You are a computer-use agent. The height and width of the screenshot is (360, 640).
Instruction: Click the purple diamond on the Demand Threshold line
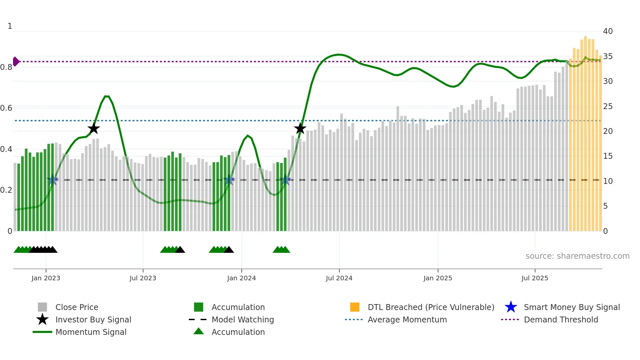[16, 61]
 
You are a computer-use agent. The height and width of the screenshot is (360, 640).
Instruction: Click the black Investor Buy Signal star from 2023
[94, 128]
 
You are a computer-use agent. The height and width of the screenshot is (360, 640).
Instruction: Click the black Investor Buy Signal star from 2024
[300, 128]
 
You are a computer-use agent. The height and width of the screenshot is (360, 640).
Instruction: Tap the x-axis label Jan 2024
[241, 278]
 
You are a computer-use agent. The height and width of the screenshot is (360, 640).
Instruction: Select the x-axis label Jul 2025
[535, 278]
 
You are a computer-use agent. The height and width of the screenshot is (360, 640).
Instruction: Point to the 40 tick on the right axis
[608, 31]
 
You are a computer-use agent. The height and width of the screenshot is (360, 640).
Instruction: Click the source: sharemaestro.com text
[577, 256]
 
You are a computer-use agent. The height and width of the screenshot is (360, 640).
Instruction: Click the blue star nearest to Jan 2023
[52, 180]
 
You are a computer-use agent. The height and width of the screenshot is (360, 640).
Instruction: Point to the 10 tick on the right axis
[608, 181]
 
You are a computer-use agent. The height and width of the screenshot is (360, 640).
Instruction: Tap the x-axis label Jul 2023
[143, 278]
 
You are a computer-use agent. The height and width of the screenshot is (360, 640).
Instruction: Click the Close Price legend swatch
[42, 307]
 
